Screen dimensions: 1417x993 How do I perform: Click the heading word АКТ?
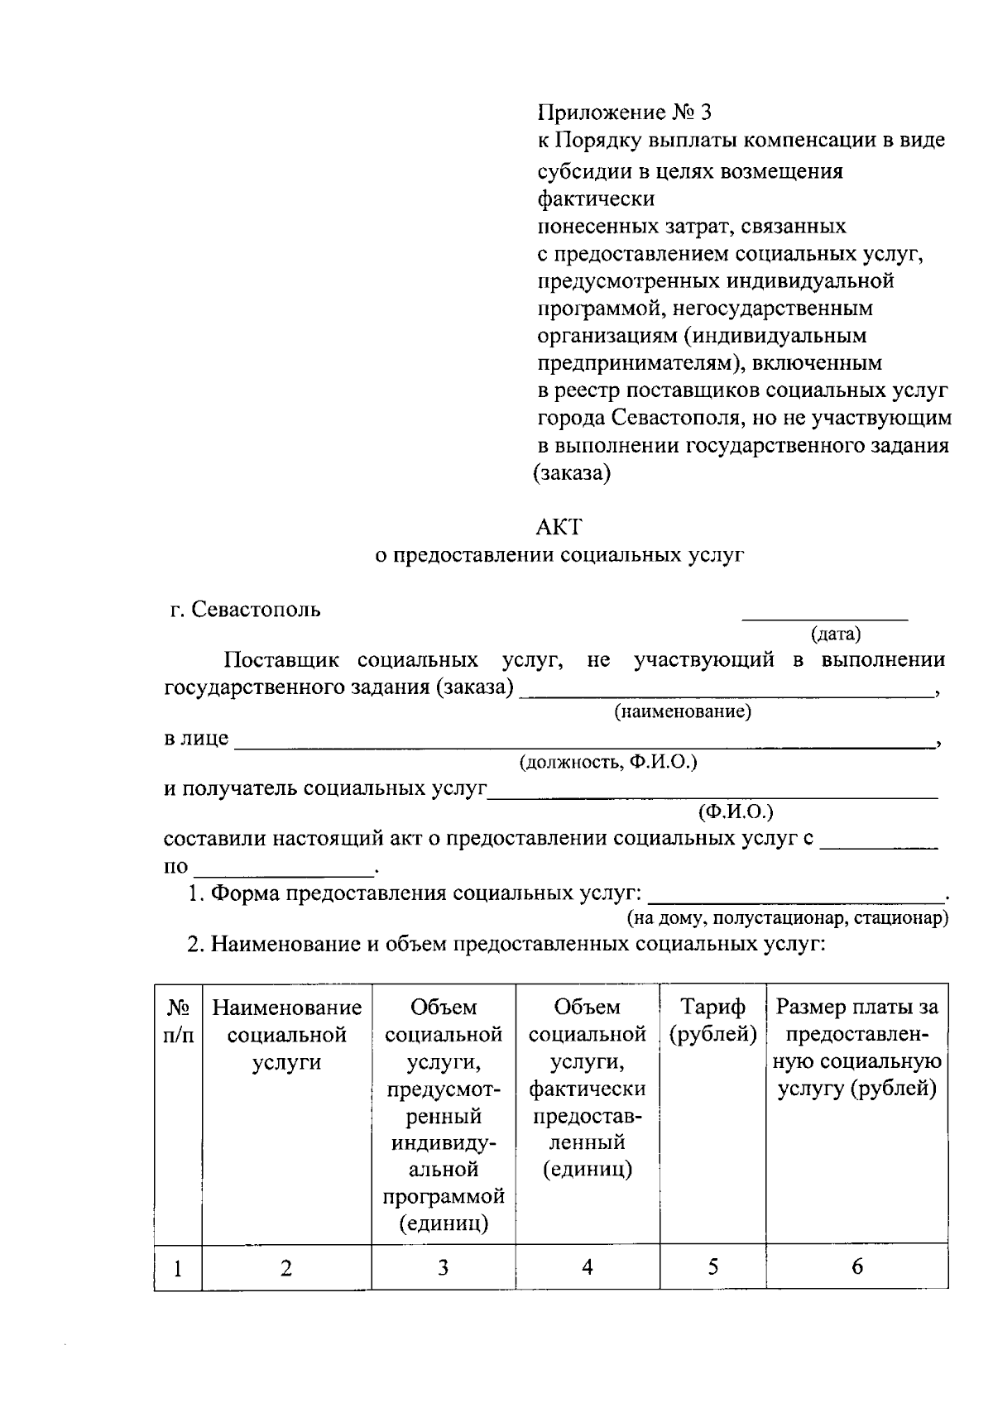tap(559, 527)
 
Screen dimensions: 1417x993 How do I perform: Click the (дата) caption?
tap(835, 634)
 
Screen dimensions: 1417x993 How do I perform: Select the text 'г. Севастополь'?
tap(245, 610)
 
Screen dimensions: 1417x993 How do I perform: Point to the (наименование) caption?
tap(682, 712)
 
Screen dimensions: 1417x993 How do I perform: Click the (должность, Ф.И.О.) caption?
tap(608, 763)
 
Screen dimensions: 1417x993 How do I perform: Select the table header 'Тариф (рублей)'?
tap(712, 1021)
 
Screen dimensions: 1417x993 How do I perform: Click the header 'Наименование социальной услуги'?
tap(286, 1035)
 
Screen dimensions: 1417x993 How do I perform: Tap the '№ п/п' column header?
tap(179, 1021)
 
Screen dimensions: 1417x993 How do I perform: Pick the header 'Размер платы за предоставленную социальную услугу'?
tap(856, 1048)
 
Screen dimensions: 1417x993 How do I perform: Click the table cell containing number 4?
tap(587, 1267)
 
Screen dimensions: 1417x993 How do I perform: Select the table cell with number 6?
tap(856, 1267)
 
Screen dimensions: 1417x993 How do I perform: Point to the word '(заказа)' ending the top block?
tap(572, 474)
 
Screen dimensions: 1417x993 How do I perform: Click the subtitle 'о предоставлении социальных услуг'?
tap(559, 556)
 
